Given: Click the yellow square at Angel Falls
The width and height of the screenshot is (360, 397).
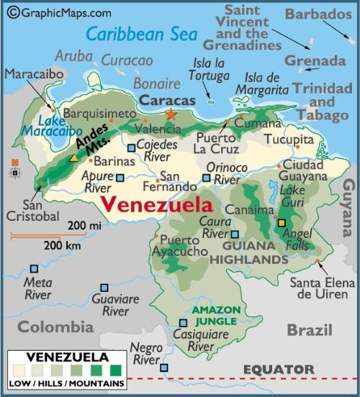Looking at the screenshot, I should pos(282,223).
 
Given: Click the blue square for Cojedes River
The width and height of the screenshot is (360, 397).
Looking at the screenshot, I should pos(131,149).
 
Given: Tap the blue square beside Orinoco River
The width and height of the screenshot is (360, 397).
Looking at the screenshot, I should pos(207,178).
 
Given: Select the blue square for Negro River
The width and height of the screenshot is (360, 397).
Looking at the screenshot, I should pos(164,368).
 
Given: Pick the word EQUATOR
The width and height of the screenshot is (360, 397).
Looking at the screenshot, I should pos(278,370).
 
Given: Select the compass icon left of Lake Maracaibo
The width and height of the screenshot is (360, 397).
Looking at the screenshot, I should pos(14,169).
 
